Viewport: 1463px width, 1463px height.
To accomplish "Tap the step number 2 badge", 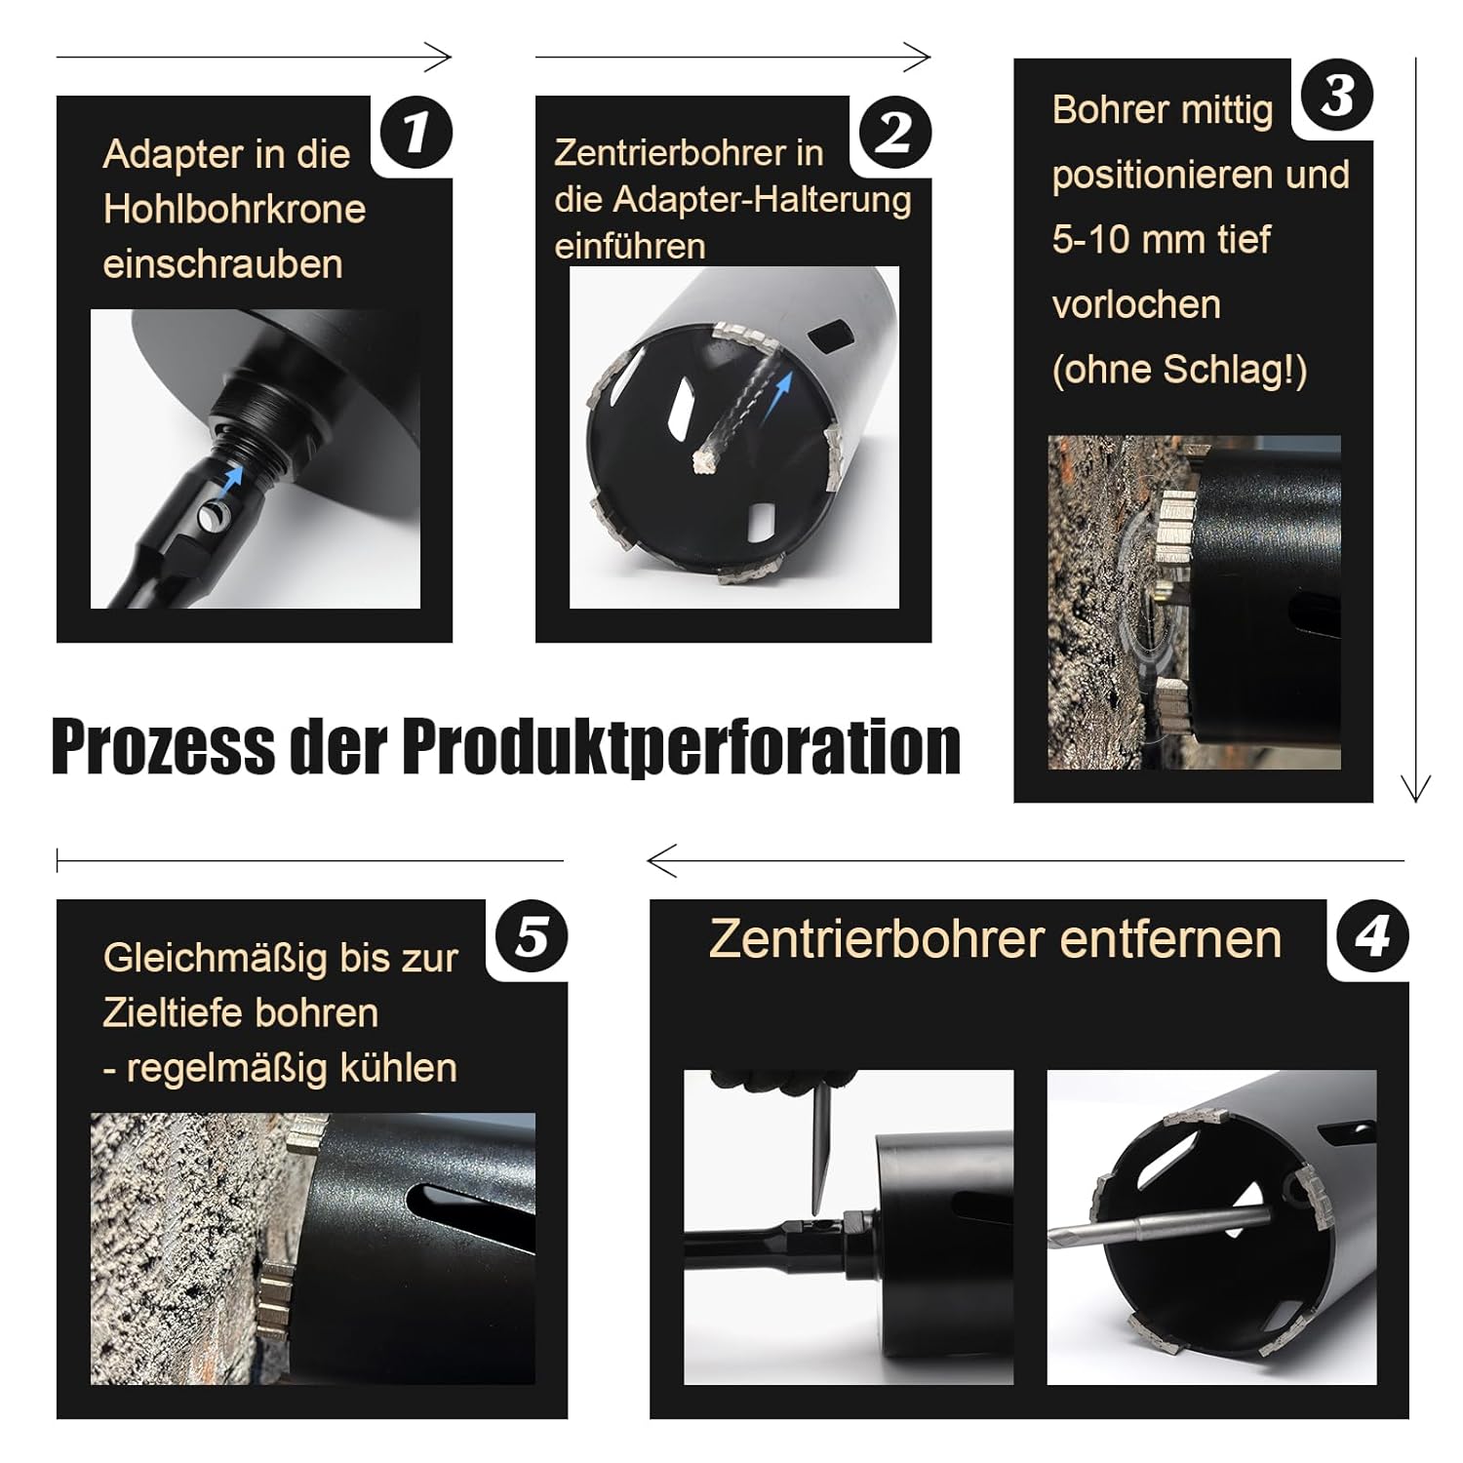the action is pos(894,132).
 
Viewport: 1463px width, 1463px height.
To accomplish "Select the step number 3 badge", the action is pos(1337,95).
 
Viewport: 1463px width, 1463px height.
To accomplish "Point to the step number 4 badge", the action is pos(1372,936).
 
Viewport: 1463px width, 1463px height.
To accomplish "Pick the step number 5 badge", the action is pos(532,936).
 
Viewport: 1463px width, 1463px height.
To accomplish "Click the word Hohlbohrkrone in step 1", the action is pos(234,209).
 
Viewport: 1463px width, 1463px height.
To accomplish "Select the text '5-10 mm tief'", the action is pos(1162,239).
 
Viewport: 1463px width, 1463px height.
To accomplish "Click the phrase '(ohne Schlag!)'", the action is pos(1179,370).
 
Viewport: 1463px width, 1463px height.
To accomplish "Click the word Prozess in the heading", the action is pos(163,746).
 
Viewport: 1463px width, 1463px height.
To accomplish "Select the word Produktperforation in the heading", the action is pos(682,748).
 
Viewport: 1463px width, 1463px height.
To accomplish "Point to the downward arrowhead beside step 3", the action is pos(1415,788).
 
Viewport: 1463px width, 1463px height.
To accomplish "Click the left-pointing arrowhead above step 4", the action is pos(661,861).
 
